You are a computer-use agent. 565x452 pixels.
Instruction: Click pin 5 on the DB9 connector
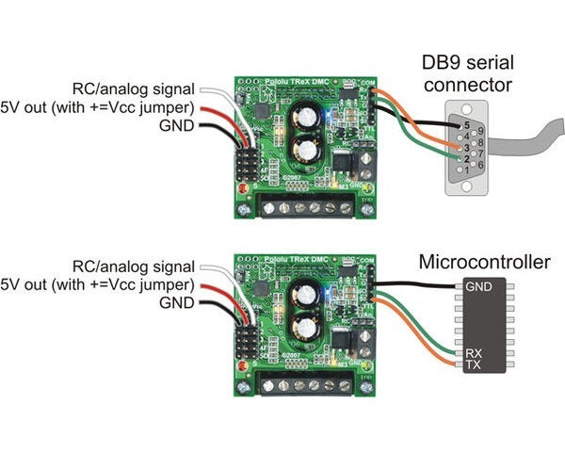[467, 124]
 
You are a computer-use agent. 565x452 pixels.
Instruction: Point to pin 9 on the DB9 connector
[480, 131]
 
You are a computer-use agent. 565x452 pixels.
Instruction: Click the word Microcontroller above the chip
[483, 261]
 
